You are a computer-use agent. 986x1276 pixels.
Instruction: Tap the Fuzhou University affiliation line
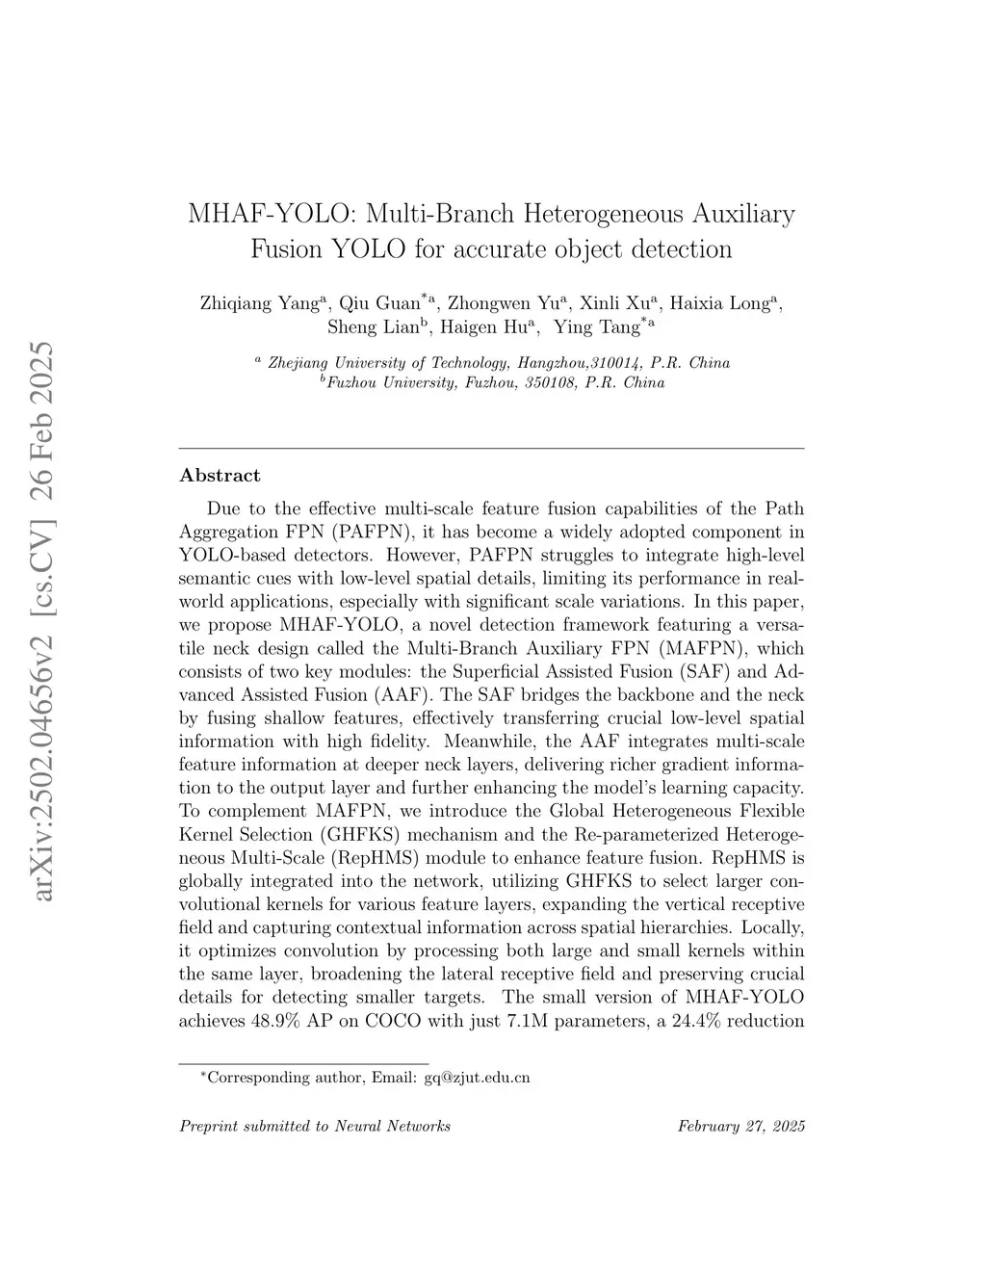click(x=495, y=383)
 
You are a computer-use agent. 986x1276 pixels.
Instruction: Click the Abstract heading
click(x=220, y=476)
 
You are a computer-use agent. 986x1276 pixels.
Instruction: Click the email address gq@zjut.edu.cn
click(x=477, y=1078)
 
